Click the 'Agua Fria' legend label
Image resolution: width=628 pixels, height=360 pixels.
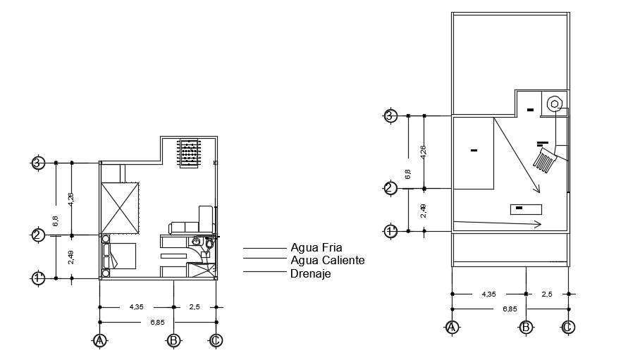(316, 248)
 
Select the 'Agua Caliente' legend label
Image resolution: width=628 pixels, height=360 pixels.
(327, 261)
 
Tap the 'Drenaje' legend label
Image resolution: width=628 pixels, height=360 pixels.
(310, 273)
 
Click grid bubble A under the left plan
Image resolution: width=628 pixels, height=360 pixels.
(100, 341)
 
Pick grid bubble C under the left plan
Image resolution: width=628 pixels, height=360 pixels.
(217, 341)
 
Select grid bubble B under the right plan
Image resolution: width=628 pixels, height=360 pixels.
(526, 327)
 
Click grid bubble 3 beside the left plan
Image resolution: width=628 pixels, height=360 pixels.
(39, 163)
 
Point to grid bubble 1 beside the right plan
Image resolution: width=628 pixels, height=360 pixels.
(391, 230)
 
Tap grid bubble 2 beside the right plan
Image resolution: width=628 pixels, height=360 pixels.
(391, 188)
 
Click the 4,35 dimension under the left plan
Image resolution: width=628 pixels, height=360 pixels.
(137, 306)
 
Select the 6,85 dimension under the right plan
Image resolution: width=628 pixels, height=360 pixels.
(511, 309)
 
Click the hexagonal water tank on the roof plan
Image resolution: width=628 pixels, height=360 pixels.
(555, 104)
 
